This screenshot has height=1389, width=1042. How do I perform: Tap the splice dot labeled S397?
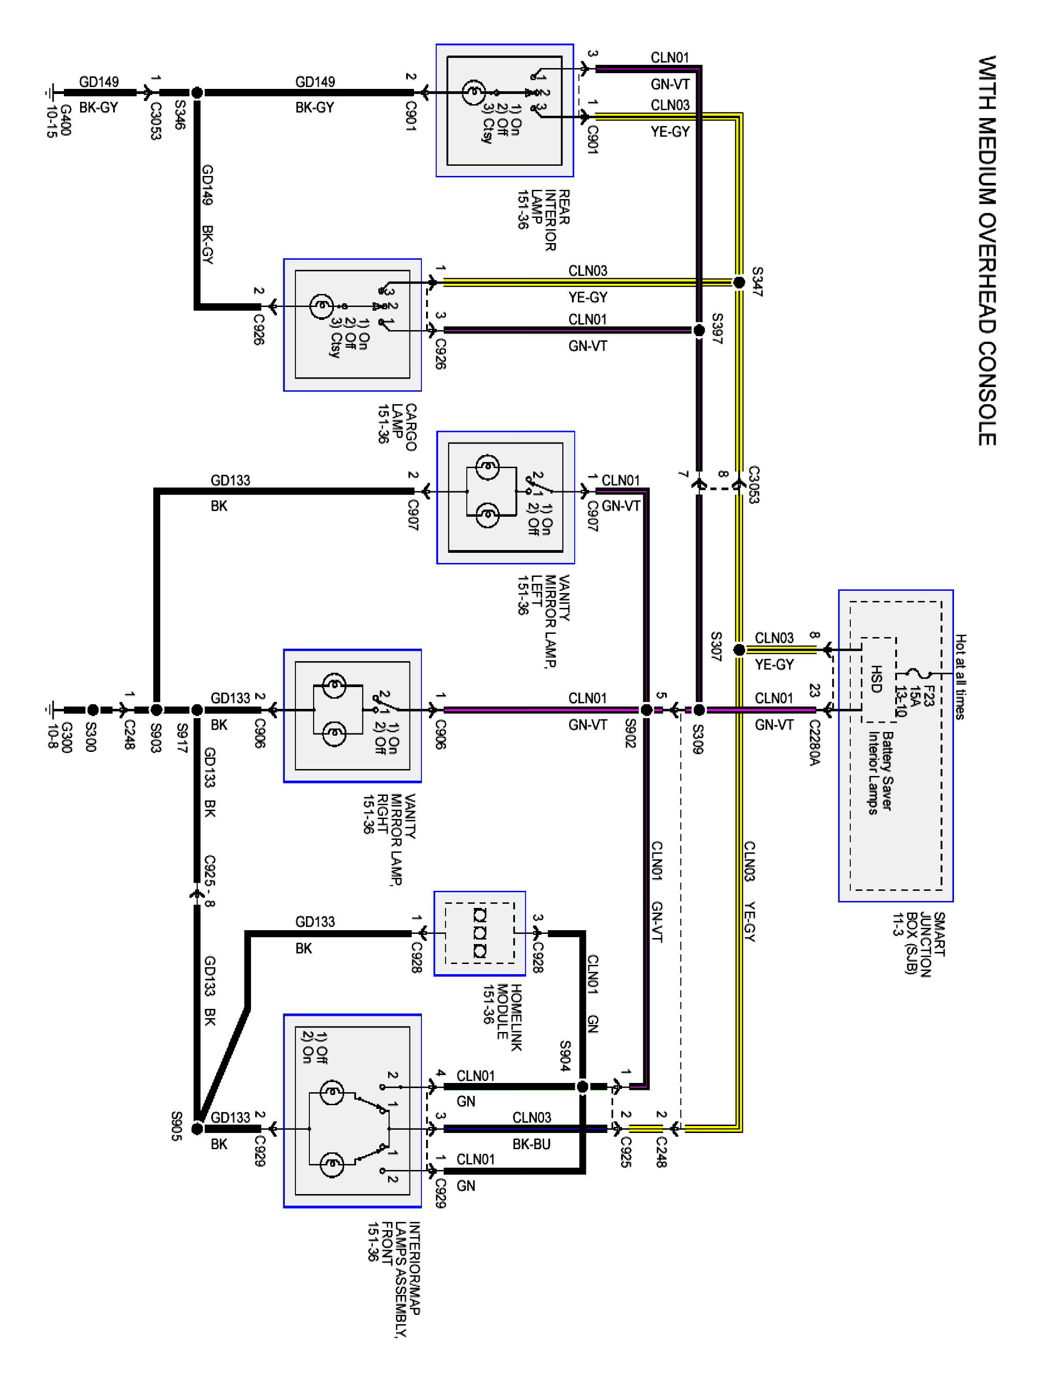pos(698,330)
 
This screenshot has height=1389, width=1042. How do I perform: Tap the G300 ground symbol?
pos(50,710)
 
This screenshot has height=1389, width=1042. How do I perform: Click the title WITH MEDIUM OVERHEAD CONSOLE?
pos(987,251)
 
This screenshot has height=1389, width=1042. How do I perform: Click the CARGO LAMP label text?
pos(404,427)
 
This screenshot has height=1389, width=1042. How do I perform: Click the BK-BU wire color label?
pos(531,1144)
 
